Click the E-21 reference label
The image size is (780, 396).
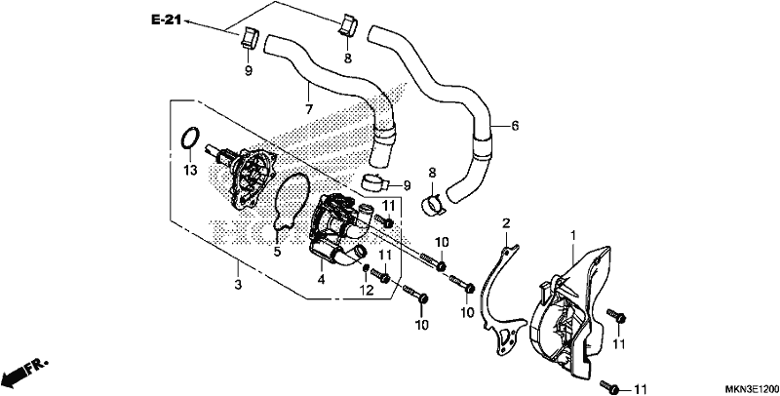click(166, 20)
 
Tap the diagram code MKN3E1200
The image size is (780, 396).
click(751, 388)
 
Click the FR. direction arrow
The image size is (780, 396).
click(23, 371)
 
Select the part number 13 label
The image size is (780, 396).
click(190, 170)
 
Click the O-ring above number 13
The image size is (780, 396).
click(189, 138)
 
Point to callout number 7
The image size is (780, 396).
click(308, 108)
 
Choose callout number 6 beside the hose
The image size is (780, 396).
click(515, 126)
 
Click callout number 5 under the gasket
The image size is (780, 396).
click(277, 252)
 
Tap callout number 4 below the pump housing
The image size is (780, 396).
click(322, 280)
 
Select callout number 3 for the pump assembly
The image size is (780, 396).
click(238, 285)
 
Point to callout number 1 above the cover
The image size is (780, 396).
click(573, 234)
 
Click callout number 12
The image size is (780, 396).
click(367, 291)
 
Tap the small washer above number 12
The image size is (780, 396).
click(366, 269)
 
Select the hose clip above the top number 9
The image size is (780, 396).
click(250, 38)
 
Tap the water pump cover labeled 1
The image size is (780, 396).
click(569, 313)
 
